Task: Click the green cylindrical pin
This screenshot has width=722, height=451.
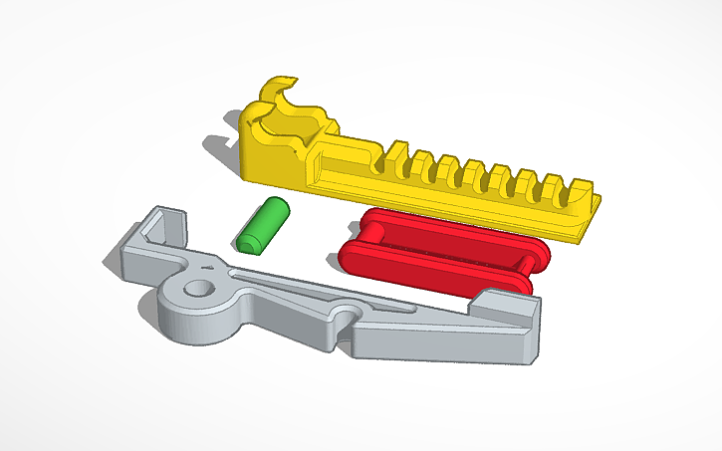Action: pos(262,225)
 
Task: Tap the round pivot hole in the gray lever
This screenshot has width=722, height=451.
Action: pos(199,289)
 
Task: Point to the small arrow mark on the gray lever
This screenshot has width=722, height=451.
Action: pos(208,268)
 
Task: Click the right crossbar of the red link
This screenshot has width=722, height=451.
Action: pos(525,269)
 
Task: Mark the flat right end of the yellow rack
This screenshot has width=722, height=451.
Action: pos(588,223)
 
